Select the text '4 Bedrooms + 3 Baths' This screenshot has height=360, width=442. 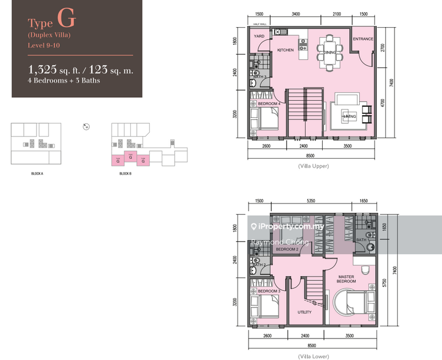pyautogui.click(x=65, y=80)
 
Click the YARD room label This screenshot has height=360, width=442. pyautogui.click(x=259, y=36)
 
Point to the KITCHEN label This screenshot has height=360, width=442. pyautogui.click(x=285, y=50)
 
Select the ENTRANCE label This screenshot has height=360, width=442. pyautogui.click(x=364, y=39)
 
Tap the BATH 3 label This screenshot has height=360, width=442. pyautogui.click(x=260, y=77)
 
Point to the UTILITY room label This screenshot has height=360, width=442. pyautogui.click(x=304, y=312)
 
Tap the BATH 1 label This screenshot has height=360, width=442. pyautogui.click(x=362, y=240)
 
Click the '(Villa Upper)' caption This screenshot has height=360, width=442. pyautogui.click(x=313, y=166)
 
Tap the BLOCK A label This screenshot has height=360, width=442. pyautogui.click(x=38, y=174)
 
